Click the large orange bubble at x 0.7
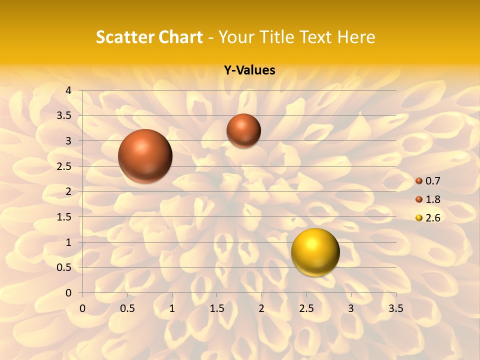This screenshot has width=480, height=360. point(145,156)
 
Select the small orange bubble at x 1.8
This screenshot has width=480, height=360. point(243,130)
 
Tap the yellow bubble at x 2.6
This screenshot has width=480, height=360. point(315,252)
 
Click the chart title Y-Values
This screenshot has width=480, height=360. point(249,70)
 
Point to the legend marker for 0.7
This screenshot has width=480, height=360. point(419,181)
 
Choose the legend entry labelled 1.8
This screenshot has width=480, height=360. point(432,199)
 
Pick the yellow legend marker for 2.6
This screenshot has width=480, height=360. point(419,218)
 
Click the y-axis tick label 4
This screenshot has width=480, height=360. point(68,90)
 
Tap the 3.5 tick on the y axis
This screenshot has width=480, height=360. point(64,116)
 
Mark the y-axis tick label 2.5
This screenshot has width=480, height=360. point(64,166)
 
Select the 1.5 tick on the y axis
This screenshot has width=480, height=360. point(64,217)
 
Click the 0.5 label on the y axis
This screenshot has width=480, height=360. point(64,267)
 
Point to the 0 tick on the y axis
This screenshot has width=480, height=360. point(68,293)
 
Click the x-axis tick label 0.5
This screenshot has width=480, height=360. point(127,308)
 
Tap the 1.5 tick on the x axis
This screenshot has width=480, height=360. point(217,308)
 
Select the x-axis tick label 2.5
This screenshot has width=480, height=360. point(306,308)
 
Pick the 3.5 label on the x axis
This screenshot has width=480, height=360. point(396,308)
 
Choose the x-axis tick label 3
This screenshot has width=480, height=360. point(351,308)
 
